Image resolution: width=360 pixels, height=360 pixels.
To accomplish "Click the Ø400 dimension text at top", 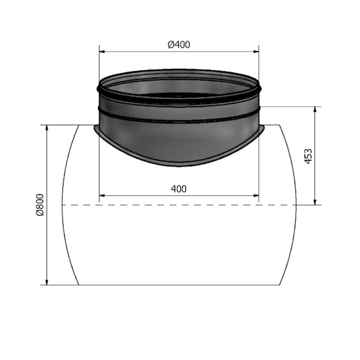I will [179, 45].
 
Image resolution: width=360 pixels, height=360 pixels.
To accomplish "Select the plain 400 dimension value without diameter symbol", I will [179, 189].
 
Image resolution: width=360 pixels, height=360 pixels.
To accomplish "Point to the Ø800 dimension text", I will [39, 205].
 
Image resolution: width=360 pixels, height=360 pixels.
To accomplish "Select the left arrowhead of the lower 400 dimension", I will [102, 196].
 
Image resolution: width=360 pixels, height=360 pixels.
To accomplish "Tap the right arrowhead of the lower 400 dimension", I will [256, 196].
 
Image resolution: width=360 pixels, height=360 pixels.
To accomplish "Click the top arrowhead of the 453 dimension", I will [315, 109].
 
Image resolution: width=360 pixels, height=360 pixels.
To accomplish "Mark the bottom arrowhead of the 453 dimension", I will [315, 202].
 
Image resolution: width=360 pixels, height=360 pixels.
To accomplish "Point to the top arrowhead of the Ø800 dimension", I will [46, 128].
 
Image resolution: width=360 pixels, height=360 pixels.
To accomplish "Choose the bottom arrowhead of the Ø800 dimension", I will [46, 282].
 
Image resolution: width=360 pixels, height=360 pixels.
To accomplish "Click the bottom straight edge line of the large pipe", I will [179, 285].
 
